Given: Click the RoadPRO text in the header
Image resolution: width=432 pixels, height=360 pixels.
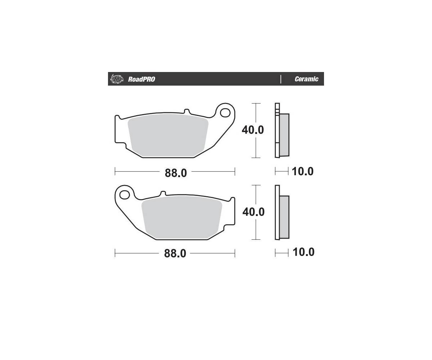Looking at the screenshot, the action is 141,79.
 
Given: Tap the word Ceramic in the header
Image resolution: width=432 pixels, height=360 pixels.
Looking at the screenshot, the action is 306,79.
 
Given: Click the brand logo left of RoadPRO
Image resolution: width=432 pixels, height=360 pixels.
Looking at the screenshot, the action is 117,79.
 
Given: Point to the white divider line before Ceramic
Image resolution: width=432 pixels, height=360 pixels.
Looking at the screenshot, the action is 280,79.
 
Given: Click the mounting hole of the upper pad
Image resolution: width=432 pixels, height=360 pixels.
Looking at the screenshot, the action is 225,113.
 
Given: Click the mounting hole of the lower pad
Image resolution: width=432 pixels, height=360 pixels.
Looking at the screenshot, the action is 125,195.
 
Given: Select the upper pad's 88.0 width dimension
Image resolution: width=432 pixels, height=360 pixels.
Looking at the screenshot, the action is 176,173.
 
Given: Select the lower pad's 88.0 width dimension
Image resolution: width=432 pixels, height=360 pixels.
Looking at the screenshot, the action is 175,253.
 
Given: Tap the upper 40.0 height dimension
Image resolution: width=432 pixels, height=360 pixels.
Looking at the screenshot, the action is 253,130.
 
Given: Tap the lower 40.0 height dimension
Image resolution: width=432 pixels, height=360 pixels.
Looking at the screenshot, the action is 253,212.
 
